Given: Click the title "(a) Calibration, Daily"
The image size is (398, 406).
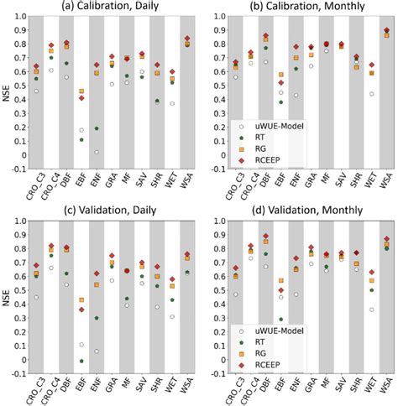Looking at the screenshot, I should [x=117, y=8].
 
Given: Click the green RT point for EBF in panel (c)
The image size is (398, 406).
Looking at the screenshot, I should [x=81, y=361].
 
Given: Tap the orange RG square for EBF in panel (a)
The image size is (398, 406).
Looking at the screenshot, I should [x=81, y=91].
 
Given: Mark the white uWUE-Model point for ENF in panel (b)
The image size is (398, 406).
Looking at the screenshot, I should [x=294, y=95].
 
